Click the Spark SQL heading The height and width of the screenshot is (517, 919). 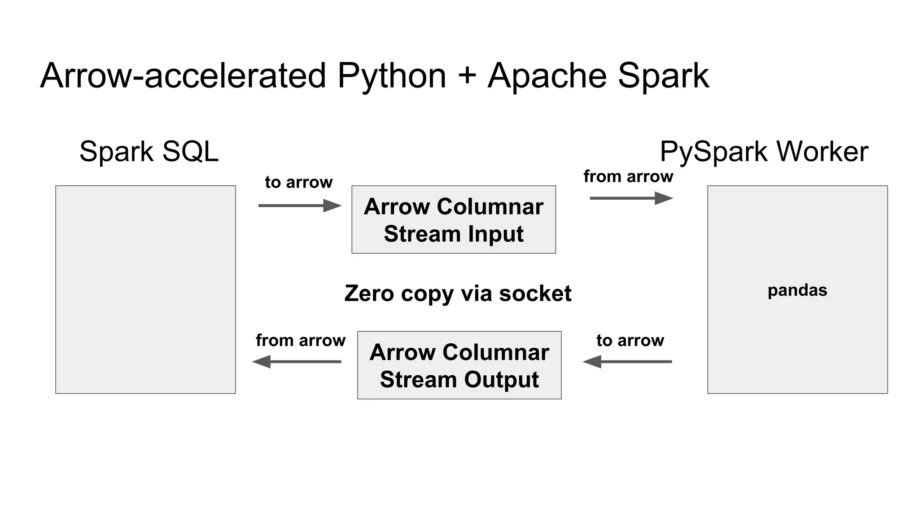[149, 151]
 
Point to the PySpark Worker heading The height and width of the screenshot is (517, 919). [764, 152]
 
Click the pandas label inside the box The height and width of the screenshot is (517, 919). [797, 290]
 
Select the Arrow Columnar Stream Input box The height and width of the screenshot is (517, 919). [453, 219]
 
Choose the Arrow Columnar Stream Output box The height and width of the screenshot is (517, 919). [459, 365]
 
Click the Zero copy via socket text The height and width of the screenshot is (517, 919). [458, 294]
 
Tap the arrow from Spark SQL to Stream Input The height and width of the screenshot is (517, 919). [299, 206]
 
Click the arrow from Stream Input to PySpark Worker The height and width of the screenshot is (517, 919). [631, 198]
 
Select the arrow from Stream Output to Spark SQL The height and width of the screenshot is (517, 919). [297, 361]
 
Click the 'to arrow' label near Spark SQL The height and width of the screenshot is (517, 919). [298, 182]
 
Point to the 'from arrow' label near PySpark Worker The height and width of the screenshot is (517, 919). [628, 176]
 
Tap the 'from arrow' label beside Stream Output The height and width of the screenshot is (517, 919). [300, 340]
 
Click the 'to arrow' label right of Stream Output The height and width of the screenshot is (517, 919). [630, 340]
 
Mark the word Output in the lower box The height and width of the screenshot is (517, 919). [501, 380]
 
